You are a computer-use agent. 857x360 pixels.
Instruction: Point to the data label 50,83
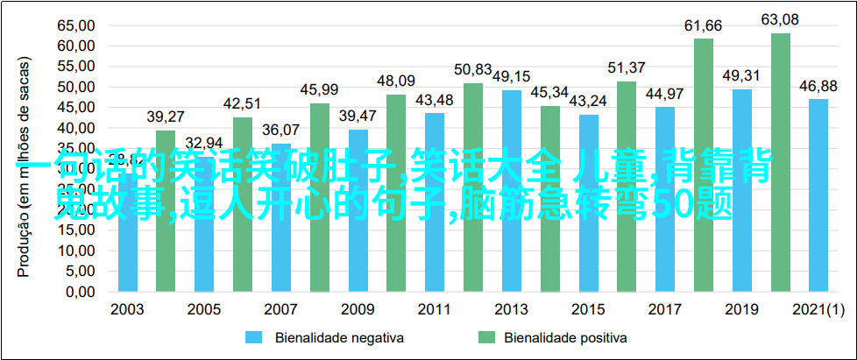coord(473,68)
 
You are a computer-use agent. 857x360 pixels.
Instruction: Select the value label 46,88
coord(818,85)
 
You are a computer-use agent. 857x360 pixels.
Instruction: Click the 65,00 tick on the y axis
coord(76,25)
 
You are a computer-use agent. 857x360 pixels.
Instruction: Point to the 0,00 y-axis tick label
coord(80,291)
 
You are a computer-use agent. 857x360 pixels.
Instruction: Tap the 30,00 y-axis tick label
coord(76,168)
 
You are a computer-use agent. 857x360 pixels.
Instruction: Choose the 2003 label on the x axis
coord(128,310)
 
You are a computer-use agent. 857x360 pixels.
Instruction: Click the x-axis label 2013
coord(511,310)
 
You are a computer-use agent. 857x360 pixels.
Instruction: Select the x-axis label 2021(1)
coord(818,310)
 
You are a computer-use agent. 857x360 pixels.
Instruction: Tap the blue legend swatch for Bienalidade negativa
coord(254,337)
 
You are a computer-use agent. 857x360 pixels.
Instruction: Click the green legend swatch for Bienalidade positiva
coord(486,337)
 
